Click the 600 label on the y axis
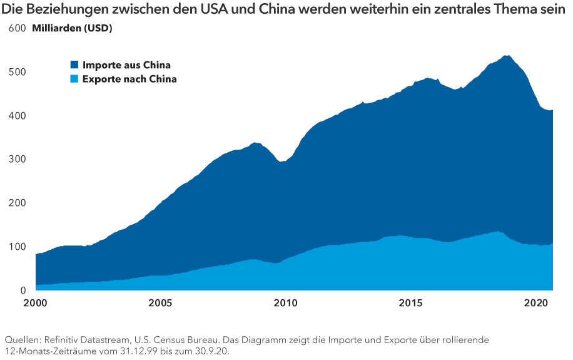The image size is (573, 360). pos(17,29)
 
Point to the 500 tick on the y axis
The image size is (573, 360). pos(17,72)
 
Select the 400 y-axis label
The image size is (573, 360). pos(17,116)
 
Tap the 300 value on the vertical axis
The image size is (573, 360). pos(17,160)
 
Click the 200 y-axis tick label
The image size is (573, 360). pos(17,203)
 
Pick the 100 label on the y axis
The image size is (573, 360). pos(17,247)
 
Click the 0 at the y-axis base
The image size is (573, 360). pos(23,291)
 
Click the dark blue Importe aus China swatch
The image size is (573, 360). pos(74,64)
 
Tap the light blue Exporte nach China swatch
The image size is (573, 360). pos(74,79)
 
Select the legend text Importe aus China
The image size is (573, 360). pos(126,64)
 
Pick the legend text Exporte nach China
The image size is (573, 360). pos(129,79)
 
